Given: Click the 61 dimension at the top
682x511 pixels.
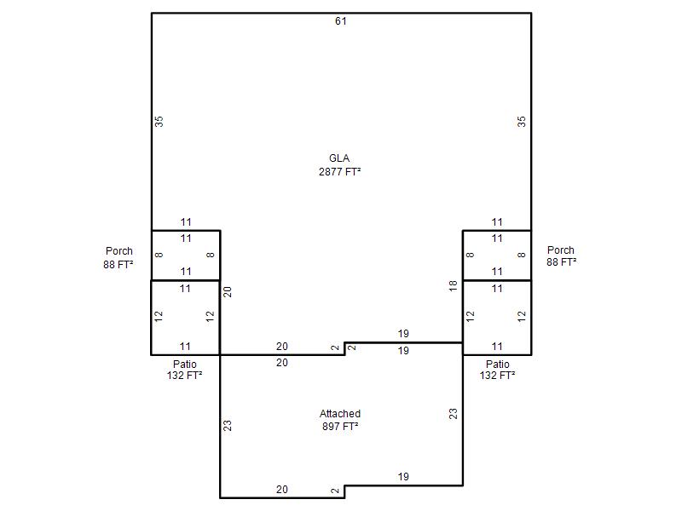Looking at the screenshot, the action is point(340,20).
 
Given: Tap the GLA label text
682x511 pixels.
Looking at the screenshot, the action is point(339,158).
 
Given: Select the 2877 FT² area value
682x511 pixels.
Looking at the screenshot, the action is point(339,172).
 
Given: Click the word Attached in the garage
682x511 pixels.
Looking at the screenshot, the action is point(340,413).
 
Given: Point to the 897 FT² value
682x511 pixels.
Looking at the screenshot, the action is point(340,427).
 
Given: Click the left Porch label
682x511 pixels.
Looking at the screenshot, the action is point(119,251).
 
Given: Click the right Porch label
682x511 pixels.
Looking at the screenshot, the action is point(561,250).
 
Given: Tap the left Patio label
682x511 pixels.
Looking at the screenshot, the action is point(185,365).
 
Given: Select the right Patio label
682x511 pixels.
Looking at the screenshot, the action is point(498,365).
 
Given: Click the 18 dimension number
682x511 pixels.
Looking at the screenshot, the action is point(454,286).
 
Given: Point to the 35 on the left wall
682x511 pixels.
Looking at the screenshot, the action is point(159,121).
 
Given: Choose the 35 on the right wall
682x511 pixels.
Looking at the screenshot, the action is point(522,121).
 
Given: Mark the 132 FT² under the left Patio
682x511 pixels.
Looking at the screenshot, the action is point(184,376).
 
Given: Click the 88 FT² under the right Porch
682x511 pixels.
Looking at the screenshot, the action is point(562,262).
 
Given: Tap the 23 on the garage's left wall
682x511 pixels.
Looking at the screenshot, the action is point(228,426).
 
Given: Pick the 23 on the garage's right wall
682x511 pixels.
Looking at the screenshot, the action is point(454,414).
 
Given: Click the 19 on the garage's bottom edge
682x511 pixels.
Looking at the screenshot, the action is point(403,477).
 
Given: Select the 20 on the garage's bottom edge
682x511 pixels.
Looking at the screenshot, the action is point(282,489).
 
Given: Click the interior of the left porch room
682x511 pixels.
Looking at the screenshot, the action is point(186,255).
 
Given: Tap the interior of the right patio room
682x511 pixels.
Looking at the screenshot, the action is point(497,318).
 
